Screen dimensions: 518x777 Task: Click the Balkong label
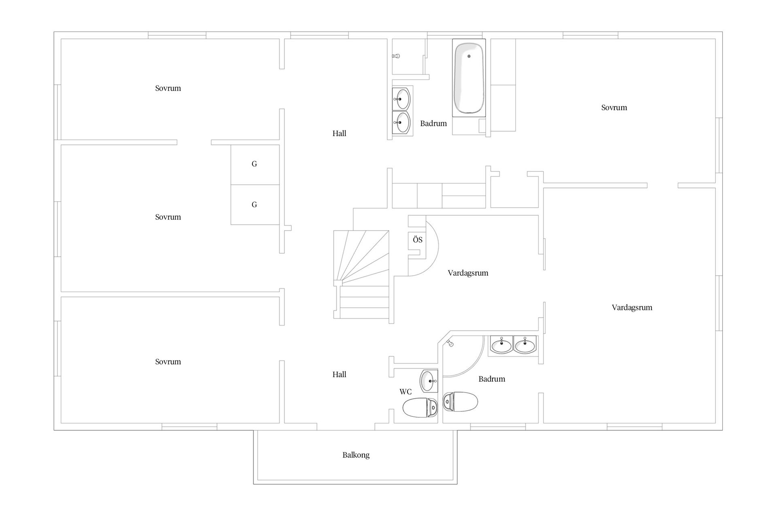click(x=356, y=455)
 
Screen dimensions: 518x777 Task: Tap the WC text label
click(x=405, y=391)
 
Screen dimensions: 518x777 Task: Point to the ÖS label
click(x=418, y=240)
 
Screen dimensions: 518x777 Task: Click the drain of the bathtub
click(x=469, y=56)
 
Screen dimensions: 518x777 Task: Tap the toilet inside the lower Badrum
click(x=461, y=402)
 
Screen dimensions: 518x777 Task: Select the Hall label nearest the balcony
click(x=339, y=374)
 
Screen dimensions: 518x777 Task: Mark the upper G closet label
click(x=254, y=164)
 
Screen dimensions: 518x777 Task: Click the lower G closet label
click(x=254, y=204)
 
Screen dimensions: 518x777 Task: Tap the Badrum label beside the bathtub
click(x=433, y=123)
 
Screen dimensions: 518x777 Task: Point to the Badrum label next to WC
click(x=492, y=379)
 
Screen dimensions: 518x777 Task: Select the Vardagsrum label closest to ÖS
click(x=468, y=273)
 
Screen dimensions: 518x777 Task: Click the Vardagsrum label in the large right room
click(x=632, y=307)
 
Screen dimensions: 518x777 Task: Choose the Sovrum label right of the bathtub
click(x=614, y=107)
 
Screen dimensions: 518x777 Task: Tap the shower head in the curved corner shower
click(x=450, y=343)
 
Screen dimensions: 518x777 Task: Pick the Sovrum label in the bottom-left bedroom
click(x=168, y=361)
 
